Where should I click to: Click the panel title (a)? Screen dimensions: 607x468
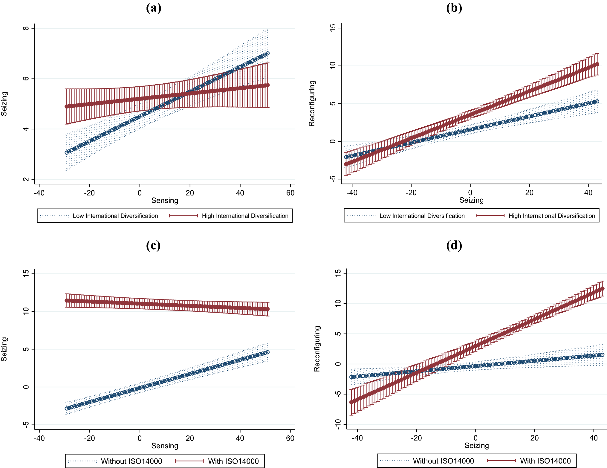pyautogui.click(x=154, y=8)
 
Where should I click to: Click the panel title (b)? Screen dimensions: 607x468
pyautogui.click(x=454, y=8)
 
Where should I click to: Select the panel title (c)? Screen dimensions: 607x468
pyautogui.click(x=153, y=245)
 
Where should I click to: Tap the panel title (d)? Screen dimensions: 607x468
pyautogui.click(x=454, y=245)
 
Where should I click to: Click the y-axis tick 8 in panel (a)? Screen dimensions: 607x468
pyautogui.click(x=26, y=28)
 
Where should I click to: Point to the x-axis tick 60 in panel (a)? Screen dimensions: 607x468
pyautogui.click(x=290, y=193)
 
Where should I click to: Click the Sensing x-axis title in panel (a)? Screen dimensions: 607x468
pyautogui.click(x=165, y=201)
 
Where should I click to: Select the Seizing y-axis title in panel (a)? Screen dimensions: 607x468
pyautogui.click(x=4, y=104)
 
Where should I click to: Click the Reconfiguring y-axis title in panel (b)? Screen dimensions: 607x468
pyautogui.click(x=312, y=103)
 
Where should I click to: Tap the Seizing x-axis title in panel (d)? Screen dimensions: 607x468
pyautogui.click(x=477, y=445)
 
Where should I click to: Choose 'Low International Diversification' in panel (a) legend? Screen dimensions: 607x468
pyautogui.click(x=115, y=216)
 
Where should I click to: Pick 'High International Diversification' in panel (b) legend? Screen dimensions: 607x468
pyautogui.click(x=552, y=216)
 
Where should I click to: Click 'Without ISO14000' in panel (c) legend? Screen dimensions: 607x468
pyautogui.click(x=132, y=461)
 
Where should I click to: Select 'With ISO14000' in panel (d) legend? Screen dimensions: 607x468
pyautogui.click(x=545, y=461)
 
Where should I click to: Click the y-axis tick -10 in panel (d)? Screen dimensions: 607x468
pyautogui.click(x=338, y=424)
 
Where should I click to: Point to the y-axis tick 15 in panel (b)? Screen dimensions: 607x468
pyautogui.click(x=333, y=28)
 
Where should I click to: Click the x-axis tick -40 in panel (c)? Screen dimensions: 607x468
pyautogui.click(x=39, y=438)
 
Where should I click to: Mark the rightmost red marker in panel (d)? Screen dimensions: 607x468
pyautogui.click(x=602, y=289)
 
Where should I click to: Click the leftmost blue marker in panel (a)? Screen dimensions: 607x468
pyautogui.click(x=67, y=153)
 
